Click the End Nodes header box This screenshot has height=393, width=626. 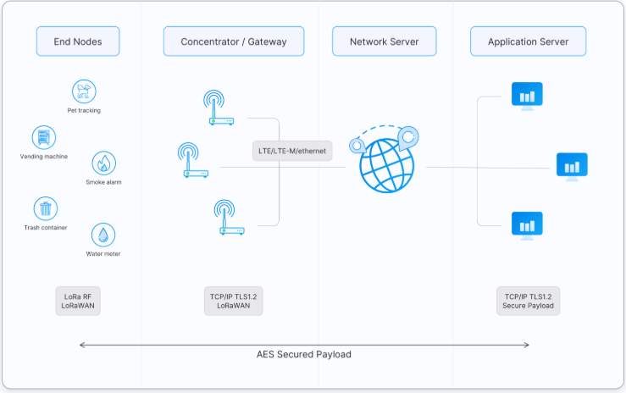tap(77, 42)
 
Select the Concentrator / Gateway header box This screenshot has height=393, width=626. tap(234, 42)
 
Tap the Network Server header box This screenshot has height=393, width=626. tap(383, 42)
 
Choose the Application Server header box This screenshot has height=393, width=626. tap(528, 42)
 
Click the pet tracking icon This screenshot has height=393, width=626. tap(84, 91)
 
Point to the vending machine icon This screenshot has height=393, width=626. tap(44, 137)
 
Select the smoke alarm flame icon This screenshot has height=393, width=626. tap(103, 163)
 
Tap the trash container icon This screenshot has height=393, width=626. tap(45, 208)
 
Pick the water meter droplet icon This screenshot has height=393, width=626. tap(103, 235)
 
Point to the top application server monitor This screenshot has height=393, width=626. tap(527, 96)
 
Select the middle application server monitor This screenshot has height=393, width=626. tap(572, 166)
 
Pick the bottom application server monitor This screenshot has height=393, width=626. tap(527, 224)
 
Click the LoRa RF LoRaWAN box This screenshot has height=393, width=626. tap(78, 301)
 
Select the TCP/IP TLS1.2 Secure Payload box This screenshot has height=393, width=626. tap(529, 301)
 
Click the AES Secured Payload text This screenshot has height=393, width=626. tap(304, 354)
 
